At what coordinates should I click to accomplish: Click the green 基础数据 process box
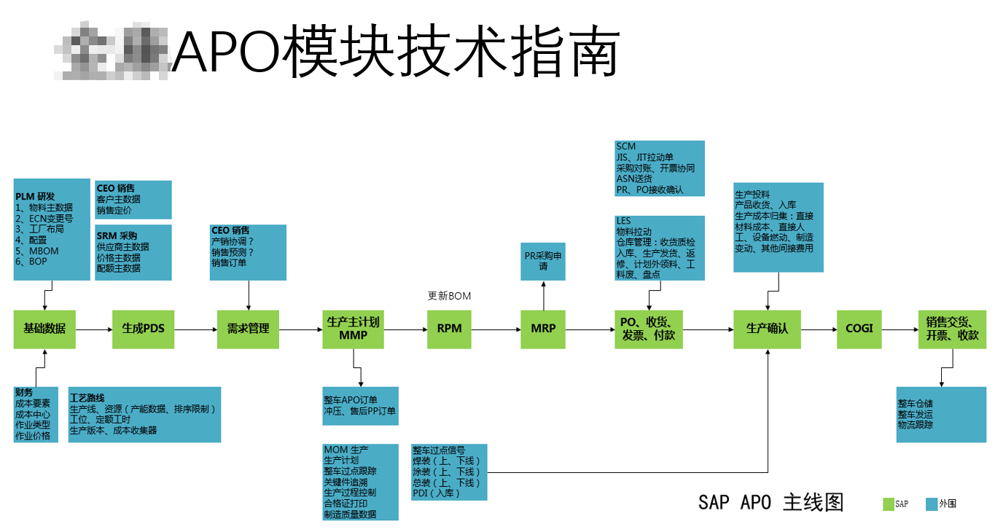pos(44,329)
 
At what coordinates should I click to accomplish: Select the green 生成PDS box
pos(144,329)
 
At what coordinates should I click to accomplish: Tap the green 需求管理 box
pos(249,329)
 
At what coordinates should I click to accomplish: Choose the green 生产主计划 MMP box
pos(354,329)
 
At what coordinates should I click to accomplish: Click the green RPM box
pos(449,329)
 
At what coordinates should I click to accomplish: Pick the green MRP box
pos(543,329)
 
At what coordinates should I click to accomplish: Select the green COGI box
pos(859,329)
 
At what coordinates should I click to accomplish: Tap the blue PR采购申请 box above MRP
pos(543,261)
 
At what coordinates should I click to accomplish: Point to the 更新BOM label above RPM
pos(449,296)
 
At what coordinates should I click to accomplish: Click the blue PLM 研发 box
pos(51,229)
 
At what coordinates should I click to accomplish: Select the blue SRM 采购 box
pos(133,252)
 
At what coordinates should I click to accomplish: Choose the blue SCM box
pos(660,168)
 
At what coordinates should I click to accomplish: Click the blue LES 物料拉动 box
pos(660,248)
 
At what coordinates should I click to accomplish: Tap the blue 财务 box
pos(36,415)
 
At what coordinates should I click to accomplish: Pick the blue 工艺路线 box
pos(144,415)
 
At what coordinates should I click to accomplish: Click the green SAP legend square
pos(888,504)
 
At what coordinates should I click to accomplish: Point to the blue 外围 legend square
pos(930,504)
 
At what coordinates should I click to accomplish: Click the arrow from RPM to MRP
pos(496,329)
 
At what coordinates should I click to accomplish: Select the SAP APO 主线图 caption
pos(770,502)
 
